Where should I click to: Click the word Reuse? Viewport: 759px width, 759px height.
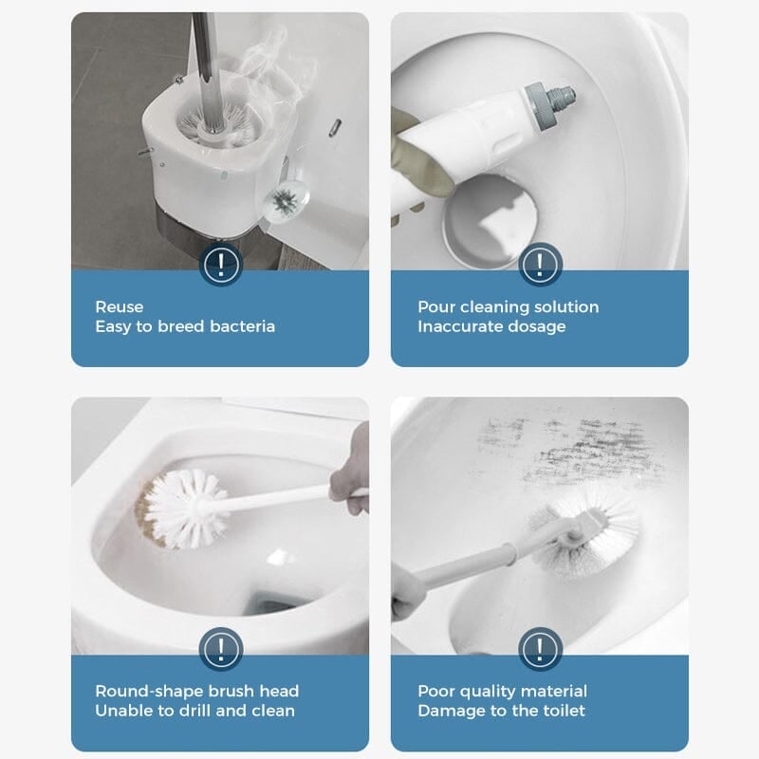pos(120,306)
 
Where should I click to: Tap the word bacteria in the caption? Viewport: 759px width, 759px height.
pos(243,326)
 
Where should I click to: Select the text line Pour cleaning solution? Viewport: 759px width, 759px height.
pos(508,306)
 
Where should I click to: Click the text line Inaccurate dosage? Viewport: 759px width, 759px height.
pos(491,326)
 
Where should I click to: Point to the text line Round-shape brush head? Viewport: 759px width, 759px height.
pos(196,691)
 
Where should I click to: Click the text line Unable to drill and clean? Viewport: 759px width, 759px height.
pos(194,711)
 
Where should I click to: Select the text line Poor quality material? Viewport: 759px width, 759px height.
pos(502,691)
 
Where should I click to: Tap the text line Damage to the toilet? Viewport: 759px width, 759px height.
pos(501,711)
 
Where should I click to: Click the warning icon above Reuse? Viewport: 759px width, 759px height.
pos(220,263)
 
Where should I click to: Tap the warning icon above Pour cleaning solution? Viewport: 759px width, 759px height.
pos(540,263)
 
